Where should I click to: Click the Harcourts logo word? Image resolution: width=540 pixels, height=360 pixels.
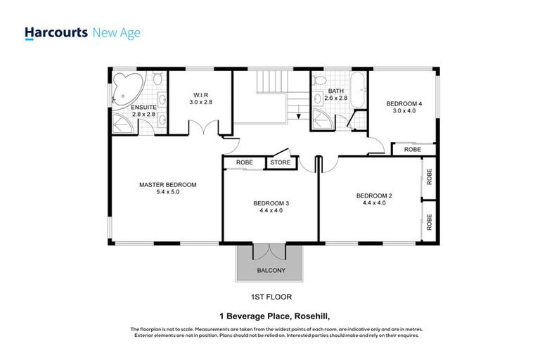56,33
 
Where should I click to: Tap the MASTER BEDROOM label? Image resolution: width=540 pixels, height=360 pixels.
168,185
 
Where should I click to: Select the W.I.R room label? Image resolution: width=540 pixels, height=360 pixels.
201,95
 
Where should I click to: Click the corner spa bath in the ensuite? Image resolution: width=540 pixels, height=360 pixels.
128,89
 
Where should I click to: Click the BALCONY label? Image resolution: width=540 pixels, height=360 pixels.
271,271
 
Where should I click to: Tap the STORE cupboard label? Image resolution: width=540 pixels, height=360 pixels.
281,162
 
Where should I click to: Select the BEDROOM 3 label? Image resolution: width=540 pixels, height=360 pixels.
271,203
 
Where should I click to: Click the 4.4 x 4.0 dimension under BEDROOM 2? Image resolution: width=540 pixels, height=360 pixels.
374,203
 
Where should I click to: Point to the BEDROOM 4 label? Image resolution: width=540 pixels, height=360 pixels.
404,103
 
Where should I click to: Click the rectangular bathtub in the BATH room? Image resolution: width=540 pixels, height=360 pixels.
359,90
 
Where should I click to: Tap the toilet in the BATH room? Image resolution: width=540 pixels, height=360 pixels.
319,80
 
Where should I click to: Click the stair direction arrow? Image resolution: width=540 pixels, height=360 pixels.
299,115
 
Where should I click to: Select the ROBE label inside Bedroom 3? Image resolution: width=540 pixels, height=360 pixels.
245,162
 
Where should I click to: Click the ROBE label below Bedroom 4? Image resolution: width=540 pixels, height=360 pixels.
412,150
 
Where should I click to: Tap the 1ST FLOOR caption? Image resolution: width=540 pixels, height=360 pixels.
271,297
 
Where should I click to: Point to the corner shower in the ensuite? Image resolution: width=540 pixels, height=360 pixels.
122,123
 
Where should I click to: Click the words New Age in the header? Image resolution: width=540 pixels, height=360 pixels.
117,33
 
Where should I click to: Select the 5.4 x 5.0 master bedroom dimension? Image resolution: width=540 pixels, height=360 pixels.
168,192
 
